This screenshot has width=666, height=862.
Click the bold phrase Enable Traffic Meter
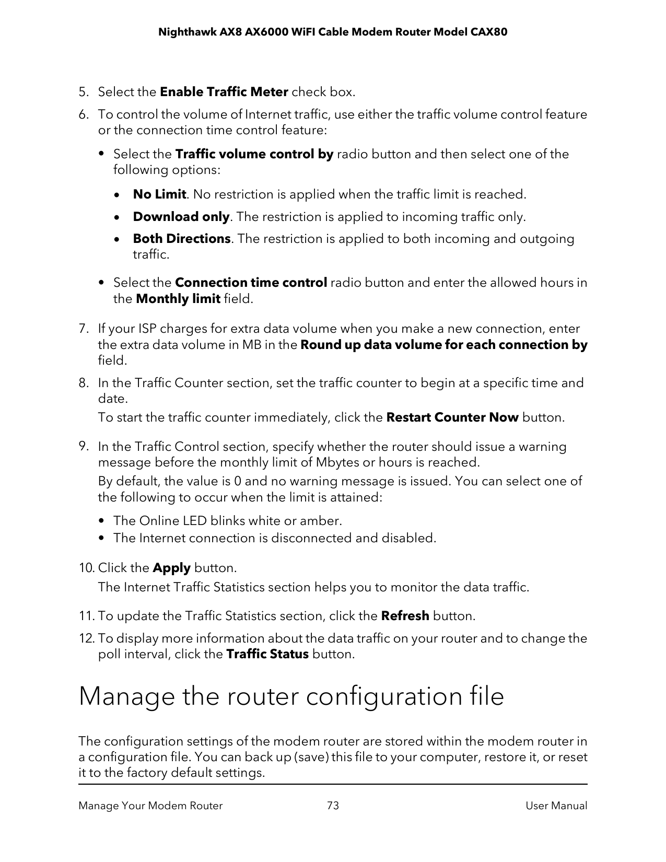coord(224,92)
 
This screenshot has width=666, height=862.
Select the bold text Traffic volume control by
coord(254,155)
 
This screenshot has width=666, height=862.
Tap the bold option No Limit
coord(159,195)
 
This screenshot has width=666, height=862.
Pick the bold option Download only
coord(181,217)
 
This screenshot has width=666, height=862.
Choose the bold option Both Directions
coord(181,239)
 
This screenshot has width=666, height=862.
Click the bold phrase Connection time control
coord(251,283)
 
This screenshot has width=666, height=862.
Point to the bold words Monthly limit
coord(178,299)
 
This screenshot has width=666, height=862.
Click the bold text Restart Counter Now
coord(452,418)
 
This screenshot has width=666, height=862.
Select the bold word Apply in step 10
coord(171,568)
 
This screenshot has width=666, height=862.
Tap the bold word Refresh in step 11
coord(405,616)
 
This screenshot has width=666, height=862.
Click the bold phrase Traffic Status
coord(267,655)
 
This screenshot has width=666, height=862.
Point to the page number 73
coord(333,806)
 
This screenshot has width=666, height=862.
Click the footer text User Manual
coord(556,806)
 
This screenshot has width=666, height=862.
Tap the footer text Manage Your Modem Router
coord(150,806)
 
